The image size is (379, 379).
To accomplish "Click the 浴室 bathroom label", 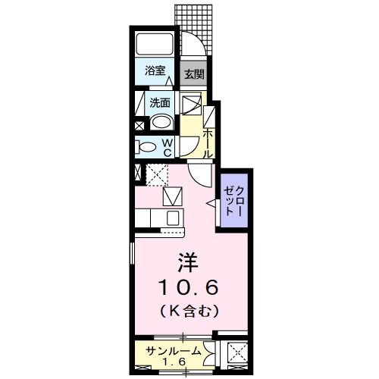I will tap(155, 72).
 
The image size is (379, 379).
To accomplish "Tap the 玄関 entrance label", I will tap(193, 74).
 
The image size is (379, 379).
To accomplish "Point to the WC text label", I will tap(168, 147).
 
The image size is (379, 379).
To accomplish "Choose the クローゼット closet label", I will tap(231, 200).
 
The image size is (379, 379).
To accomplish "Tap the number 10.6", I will tap(189, 287).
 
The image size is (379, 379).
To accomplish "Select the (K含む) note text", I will tap(189, 310).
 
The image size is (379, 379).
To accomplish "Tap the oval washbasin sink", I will tap(161, 123).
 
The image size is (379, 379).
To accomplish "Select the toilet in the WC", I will tap(147, 146).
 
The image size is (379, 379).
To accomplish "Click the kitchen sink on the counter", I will tap(172, 218).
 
